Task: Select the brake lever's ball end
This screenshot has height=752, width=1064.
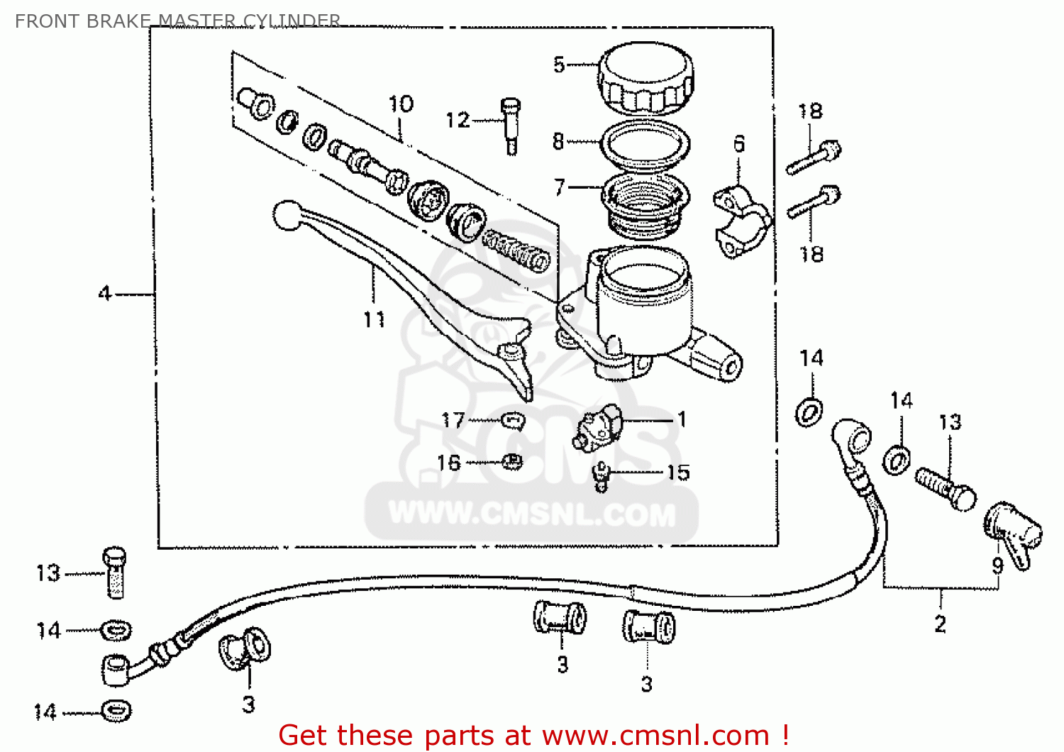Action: pyautogui.click(x=287, y=215)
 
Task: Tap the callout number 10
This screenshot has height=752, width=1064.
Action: pyautogui.click(x=401, y=104)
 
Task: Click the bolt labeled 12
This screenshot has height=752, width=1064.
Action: pyautogui.click(x=511, y=123)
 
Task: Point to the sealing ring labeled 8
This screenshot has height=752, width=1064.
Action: pyautogui.click(x=645, y=145)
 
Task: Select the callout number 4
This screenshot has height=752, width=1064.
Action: pyautogui.click(x=105, y=293)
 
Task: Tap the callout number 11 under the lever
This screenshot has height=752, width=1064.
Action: pyautogui.click(x=375, y=320)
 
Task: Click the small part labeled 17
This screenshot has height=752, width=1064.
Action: pyautogui.click(x=513, y=421)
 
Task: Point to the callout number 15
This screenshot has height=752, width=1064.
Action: pyautogui.click(x=678, y=472)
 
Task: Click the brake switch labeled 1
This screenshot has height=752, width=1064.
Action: pyautogui.click(x=598, y=427)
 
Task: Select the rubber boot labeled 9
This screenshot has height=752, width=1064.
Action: pyautogui.click(x=1012, y=532)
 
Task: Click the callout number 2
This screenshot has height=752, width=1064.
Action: pyautogui.click(x=941, y=624)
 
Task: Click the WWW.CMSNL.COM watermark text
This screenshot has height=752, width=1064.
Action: pyautogui.click(x=532, y=514)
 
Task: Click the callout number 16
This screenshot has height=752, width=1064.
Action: pyautogui.click(x=448, y=463)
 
